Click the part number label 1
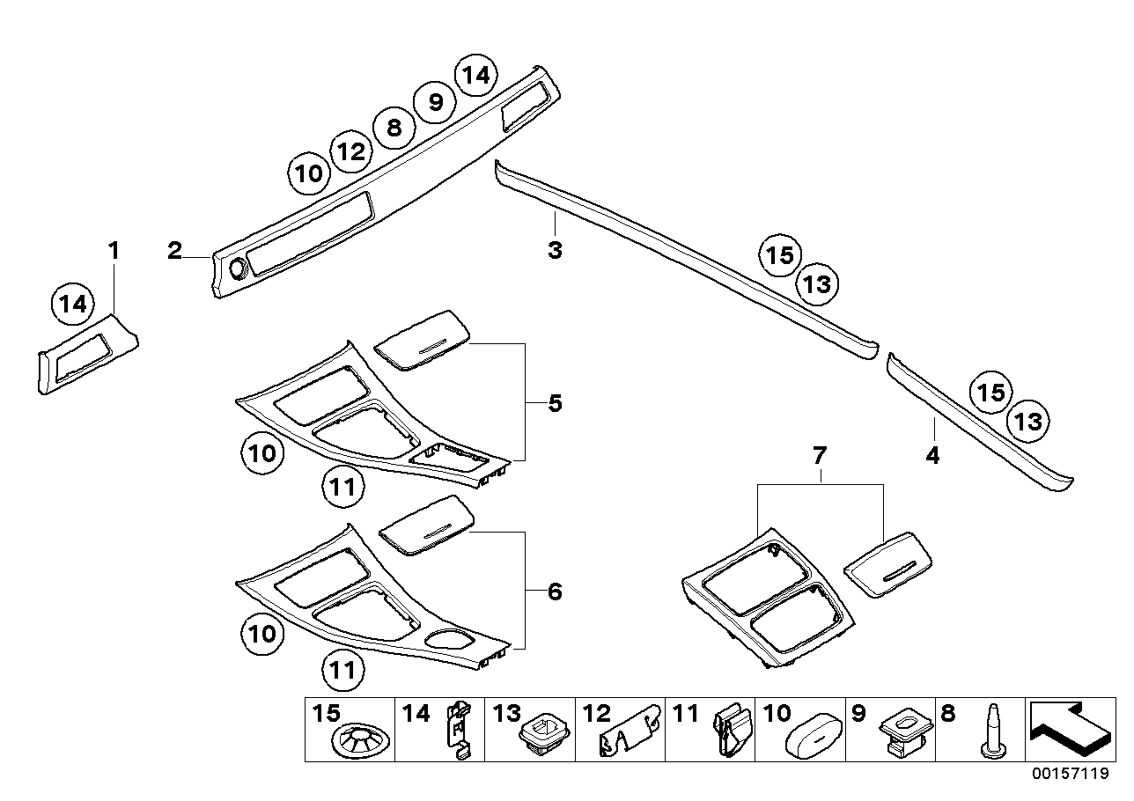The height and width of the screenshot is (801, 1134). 114,251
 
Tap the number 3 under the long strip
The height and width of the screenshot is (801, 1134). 555,251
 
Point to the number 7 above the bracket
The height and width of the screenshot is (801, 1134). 820,456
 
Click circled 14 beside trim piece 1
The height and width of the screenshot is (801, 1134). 74,305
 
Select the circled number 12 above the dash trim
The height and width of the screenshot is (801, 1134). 350,152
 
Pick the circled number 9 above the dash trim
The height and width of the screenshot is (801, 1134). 435,103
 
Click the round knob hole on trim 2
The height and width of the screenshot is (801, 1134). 236,268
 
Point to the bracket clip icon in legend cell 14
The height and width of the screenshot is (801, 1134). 458,729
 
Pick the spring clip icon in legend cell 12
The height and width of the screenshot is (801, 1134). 630,731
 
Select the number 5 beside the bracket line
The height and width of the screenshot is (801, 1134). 555,404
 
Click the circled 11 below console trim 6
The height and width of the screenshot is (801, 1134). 343,670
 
